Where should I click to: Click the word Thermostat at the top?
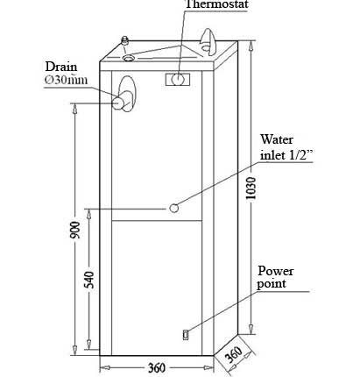(x=216, y=4)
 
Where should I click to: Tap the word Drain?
(x=61, y=67)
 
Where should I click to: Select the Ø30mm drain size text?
(x=66, y=80)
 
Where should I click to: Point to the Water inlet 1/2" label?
(x=286, y=147)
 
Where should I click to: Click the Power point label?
(x=275, y=277)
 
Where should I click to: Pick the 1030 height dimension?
(x=251, y=188)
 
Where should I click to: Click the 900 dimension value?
(x=75, y=230)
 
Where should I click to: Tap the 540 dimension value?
(x=90, y=280)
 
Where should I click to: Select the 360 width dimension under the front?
(x=157, y=367)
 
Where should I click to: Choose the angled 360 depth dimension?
(x=233, y=354)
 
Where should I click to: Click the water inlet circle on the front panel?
(x=174, y=208)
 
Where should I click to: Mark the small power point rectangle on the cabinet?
(x=186, y=335)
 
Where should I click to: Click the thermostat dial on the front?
(x=178, y=79)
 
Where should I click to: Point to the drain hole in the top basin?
(x=128, y=58)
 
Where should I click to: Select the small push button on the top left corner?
(x=125, y=39)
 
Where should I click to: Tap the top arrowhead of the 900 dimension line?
(x=75, y=109)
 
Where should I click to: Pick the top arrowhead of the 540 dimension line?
(x=88, y=214)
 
